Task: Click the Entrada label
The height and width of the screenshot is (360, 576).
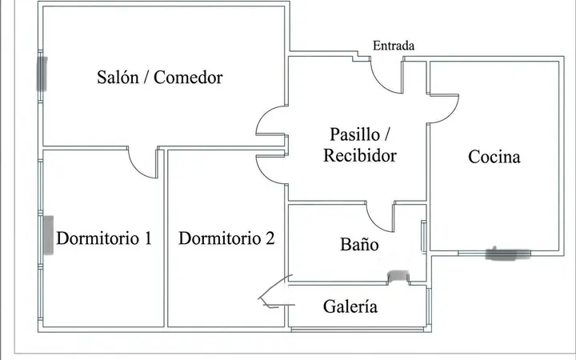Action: tap(394, 46)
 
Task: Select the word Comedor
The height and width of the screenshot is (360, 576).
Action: tap(188, 77)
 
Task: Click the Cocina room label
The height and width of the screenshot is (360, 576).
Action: tap(494, 157)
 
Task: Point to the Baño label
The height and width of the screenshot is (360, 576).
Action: tap(359, 244)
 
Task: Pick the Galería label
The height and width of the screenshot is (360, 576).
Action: tap(350, 306)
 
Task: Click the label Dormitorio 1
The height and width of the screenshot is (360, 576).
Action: tap(104, 238)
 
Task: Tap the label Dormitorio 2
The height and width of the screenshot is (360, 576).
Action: tap(226, 238)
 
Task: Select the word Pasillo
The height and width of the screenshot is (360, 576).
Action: tap(355, 134)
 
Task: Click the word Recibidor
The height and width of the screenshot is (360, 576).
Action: tap(360, 155)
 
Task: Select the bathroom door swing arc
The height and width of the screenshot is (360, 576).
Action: tap(374, 224)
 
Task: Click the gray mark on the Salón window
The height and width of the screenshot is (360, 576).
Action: tap(42, 74)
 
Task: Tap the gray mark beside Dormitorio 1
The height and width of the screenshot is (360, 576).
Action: tap(49, 235)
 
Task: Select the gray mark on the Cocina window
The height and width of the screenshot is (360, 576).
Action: tap(508, 254)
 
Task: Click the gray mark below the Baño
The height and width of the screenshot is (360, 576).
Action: tap(398, 275)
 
